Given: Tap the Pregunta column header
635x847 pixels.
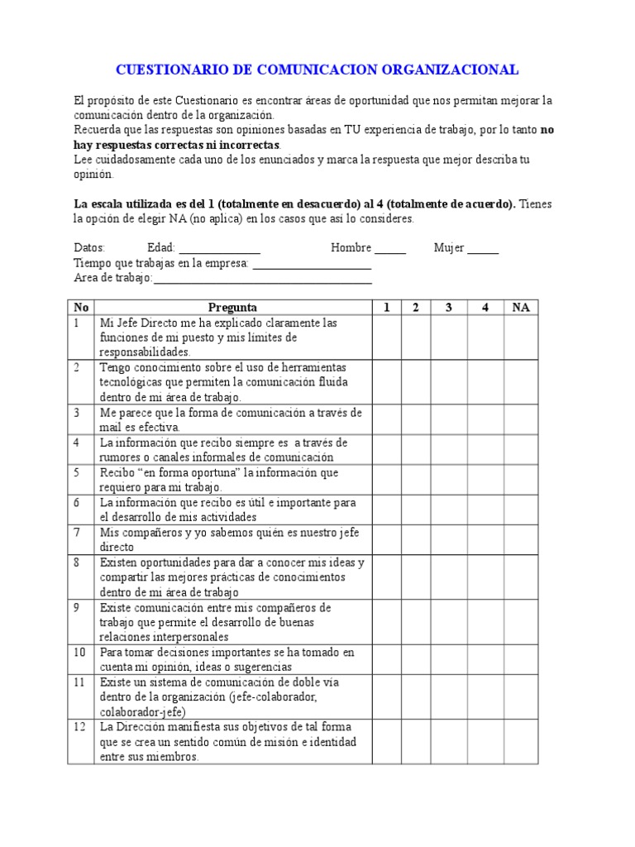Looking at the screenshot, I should coord(232,308).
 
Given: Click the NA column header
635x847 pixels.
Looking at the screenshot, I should coord(521,308).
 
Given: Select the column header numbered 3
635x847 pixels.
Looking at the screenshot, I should coord(449,308).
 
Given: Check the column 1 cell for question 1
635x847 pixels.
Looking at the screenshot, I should coord(386,337).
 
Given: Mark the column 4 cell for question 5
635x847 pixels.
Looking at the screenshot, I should coord(485,480).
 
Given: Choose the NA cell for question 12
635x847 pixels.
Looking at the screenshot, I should coord(521,740).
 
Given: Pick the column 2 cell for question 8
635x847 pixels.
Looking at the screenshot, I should coord(416,577).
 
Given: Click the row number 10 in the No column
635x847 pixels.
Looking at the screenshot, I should coord(80,653).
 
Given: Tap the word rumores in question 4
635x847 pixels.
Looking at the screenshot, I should coord(122,457).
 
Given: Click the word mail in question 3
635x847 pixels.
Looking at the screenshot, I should coord(111,428).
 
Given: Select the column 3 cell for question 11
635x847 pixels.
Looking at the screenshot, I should coord(449,696).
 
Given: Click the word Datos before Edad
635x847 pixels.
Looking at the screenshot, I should coord(89,248).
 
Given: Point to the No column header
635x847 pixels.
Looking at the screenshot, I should coord(80,308).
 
